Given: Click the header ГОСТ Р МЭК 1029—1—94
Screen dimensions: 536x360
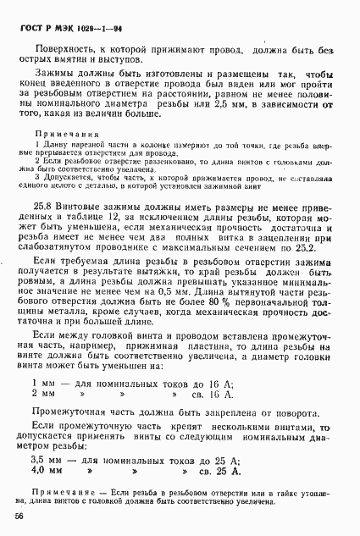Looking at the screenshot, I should [70, 26].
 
